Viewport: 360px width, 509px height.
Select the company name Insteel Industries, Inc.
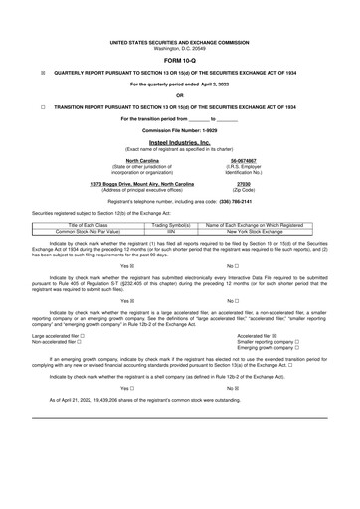(180, 142)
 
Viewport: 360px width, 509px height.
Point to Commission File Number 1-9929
(180, 130)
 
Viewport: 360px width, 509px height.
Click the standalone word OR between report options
(180, 95)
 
